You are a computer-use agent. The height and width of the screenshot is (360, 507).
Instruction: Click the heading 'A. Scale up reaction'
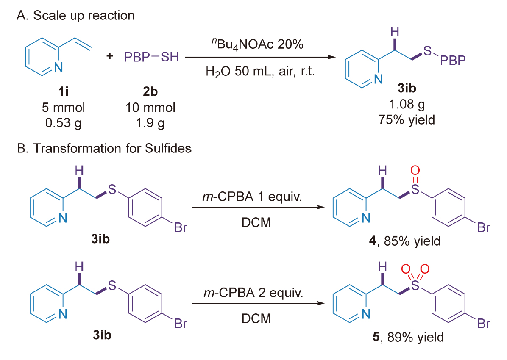pyautogui.click(x=75, y=16)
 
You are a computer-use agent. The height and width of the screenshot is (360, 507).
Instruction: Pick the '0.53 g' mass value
pyautogui.click(x=66, y=122)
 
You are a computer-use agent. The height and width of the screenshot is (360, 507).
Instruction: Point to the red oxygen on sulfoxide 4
pyautogui.click(x=415, y=171)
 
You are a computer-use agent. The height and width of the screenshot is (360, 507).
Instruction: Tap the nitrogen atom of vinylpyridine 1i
pyautogui.click(x=58, y=67)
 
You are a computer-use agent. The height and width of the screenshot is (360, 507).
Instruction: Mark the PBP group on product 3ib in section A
pyautogui.click(x=452, y=62)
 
